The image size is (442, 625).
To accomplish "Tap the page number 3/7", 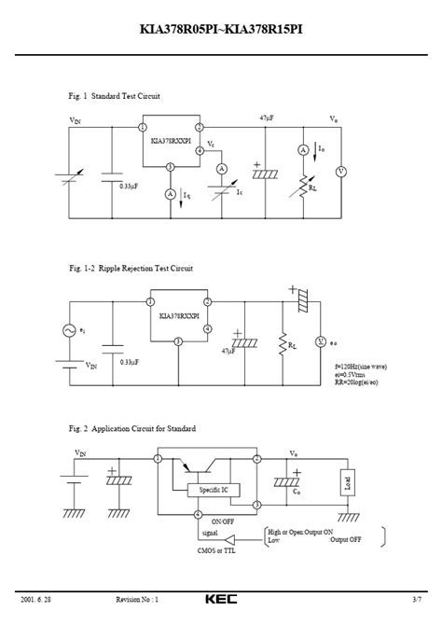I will [x=415, y=599].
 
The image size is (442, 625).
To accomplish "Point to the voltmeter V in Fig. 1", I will [x=340, y=172].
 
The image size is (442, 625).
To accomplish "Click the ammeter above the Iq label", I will [x=171, y=193].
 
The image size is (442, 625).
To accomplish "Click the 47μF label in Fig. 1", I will [x=269, y=118].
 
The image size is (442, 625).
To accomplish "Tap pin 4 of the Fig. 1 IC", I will [x=199, y=149].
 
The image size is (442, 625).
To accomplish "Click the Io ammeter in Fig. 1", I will [x=303, y=149].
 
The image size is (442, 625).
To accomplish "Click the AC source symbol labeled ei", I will [x=67, y=330].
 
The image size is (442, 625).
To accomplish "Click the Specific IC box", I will [x=212, y=490].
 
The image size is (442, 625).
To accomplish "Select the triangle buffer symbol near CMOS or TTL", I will [x=246, y=539].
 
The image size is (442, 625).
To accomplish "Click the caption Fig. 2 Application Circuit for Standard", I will [x=132, y=428].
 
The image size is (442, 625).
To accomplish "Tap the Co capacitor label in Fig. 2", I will [x=296, y=491].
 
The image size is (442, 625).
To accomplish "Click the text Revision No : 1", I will [x=137, y=599].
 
